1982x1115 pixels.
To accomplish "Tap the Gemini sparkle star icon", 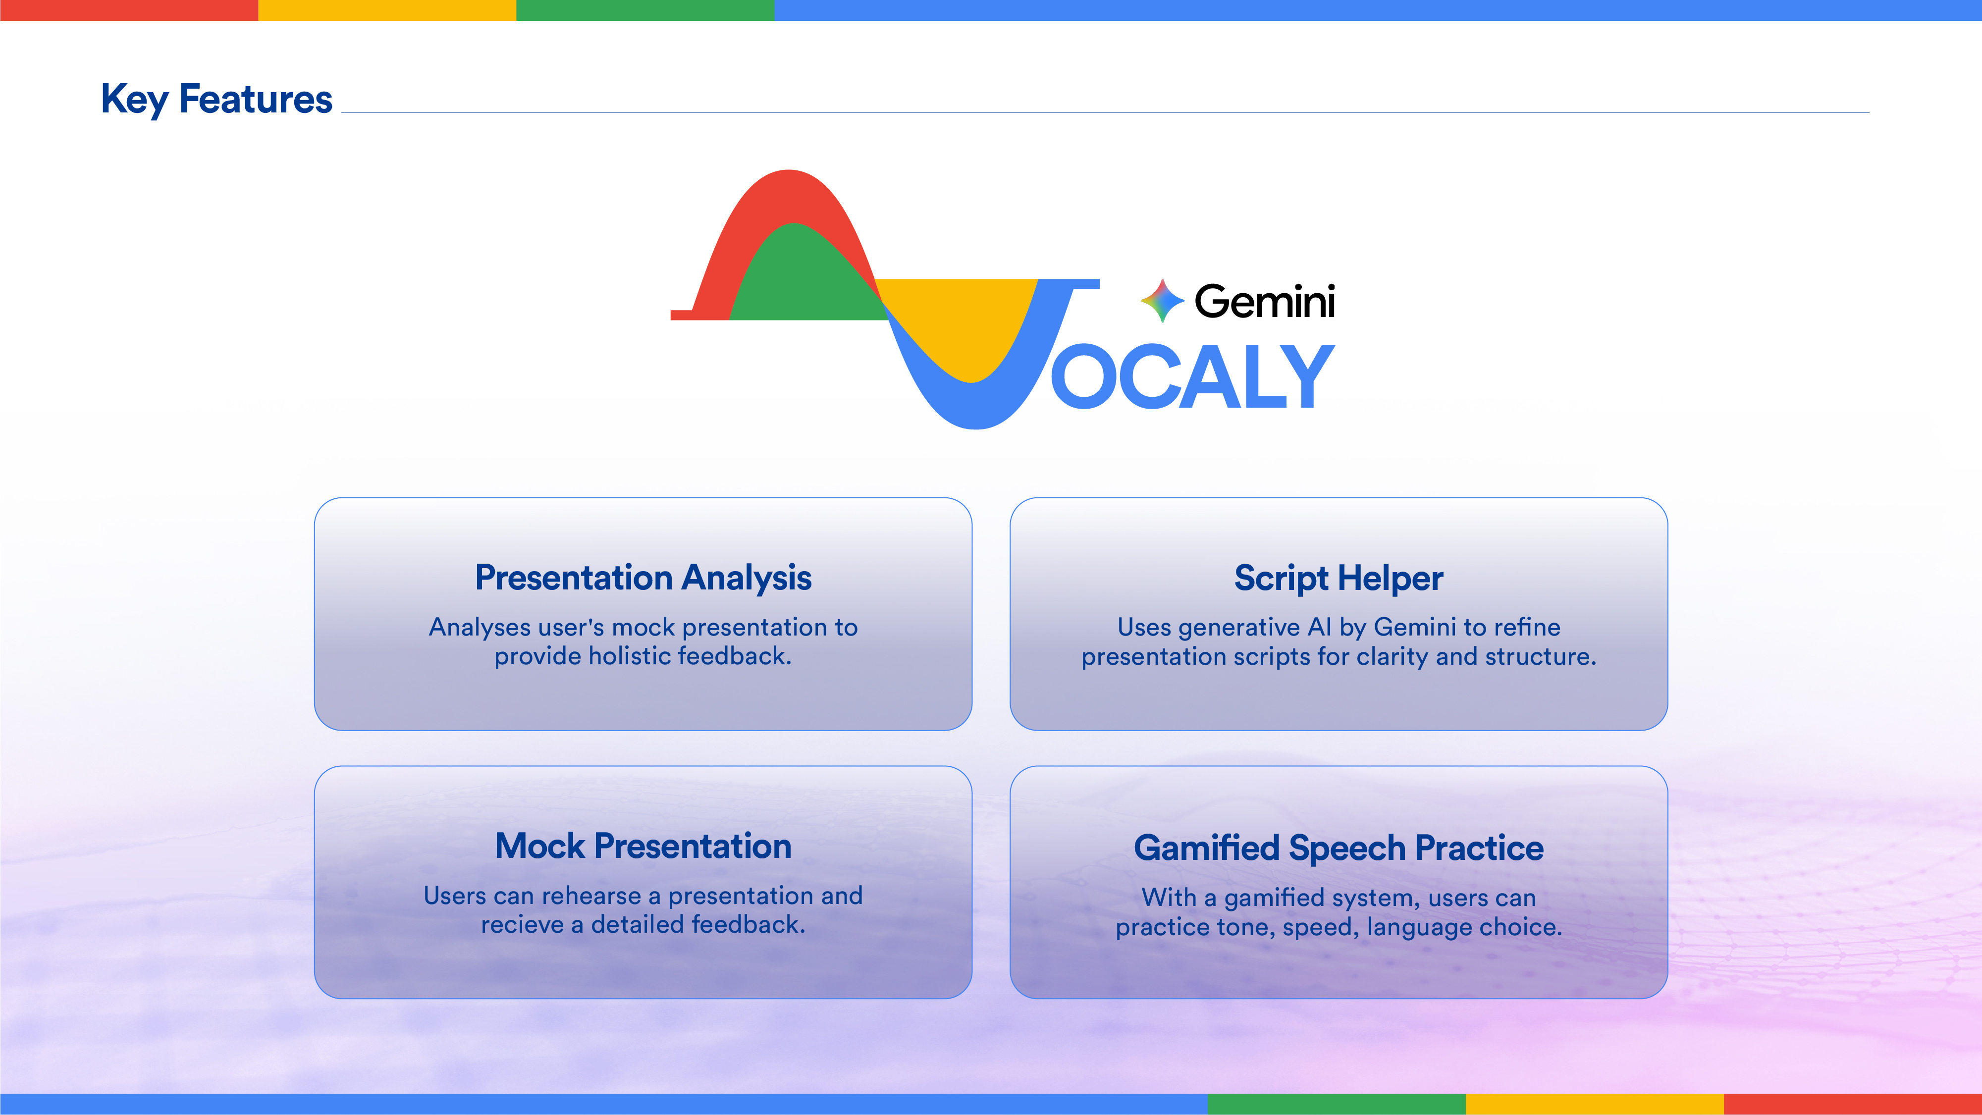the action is coord(1162,301).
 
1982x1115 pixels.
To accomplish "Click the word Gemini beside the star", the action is coord(1265,301).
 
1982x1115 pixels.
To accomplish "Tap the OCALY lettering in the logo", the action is coord(1192,376).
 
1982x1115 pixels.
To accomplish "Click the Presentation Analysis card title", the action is coord(643,578).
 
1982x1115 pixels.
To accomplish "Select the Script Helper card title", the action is coord(1339,579).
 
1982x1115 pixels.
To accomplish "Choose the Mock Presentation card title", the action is coord(643,847).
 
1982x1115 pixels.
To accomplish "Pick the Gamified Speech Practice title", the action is coord(1339,849).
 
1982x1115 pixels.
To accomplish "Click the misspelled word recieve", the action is coord(523,924).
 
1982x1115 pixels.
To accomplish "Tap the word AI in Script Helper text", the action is coord(1320,627).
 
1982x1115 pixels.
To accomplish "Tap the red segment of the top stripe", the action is coord(129,10).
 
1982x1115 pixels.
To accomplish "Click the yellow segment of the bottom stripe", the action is coord(1595,1104).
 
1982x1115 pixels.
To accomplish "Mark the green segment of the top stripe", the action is coord(645,10).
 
